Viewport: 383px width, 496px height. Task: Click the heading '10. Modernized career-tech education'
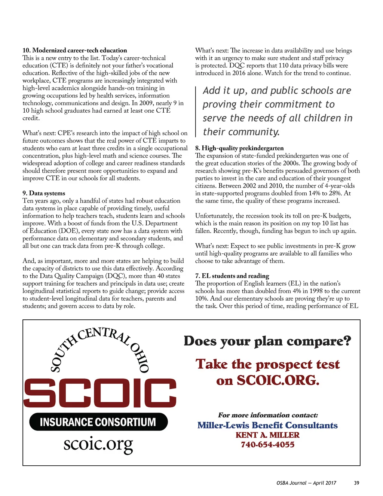coord(74,50)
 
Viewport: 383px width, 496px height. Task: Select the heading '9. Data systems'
coord(44,193)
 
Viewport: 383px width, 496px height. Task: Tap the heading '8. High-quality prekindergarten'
coord(239,148)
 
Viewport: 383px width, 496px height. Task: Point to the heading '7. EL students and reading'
coord(232,276)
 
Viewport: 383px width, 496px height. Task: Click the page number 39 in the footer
coord(356,483)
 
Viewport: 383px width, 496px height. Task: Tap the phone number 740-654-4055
coord(267,445)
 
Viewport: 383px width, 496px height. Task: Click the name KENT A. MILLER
coord(267,435)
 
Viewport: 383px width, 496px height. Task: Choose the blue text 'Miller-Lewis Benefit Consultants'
coord(267,425)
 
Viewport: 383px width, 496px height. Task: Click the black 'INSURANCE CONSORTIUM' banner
coord(98,422)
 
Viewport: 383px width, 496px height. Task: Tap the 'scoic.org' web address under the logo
coord(98,444)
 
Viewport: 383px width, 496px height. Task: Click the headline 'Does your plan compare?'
coord(267,341)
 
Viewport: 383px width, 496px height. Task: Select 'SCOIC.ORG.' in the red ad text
coord(278,380)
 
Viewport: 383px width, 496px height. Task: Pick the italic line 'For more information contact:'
coord(268,415)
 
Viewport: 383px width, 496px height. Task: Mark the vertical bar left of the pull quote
coord(196,112)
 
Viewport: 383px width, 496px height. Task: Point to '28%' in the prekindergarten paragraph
coord(335,193)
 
